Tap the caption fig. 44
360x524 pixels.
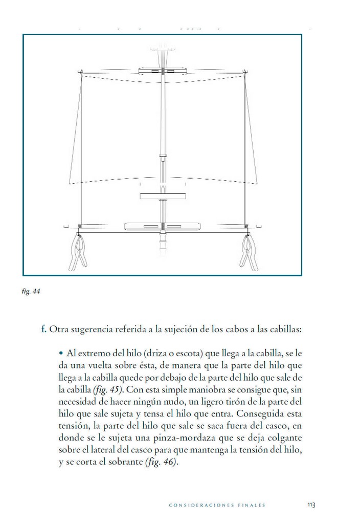[x=32, y=292]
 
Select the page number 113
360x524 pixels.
[x=310, y=505]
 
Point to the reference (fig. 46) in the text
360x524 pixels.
[x=160, y=462]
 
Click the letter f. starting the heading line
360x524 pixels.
[x=44, y=329]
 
